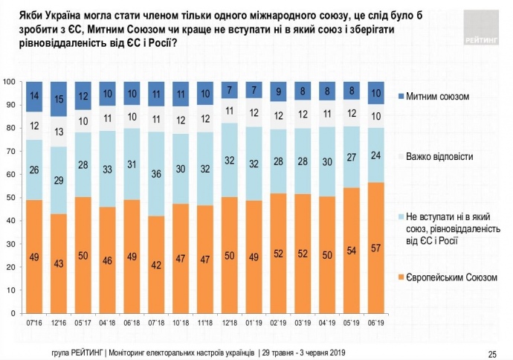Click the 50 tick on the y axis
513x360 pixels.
10,197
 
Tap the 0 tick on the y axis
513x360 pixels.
13,314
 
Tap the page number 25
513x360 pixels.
492,353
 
